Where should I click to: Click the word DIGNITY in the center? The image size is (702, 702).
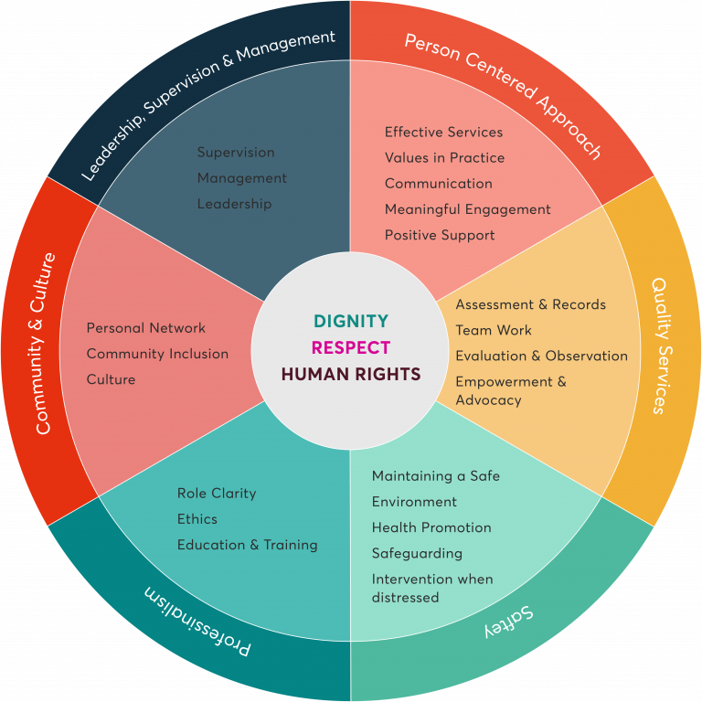coord(351,321)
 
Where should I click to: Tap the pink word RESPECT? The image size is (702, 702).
coord(351,347)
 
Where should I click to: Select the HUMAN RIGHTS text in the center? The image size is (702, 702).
coord(351,374)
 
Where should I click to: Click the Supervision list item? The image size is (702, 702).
coord(236,153)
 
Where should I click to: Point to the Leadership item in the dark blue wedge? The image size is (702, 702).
coord(235,204)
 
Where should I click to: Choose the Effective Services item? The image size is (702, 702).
coord(443,132)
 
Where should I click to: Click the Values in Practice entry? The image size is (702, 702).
coord(444,157)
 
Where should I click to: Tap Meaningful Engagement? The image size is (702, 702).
coord(468,209)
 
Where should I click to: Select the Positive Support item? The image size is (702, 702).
coord(440,236)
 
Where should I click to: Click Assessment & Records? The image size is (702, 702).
coord(530,304)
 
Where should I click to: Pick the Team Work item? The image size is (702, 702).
coord(494,330)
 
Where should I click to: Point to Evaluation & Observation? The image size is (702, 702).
coord(542,356)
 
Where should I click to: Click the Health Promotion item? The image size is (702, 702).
coord(431,527)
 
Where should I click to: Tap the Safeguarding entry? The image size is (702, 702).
coord(417,554)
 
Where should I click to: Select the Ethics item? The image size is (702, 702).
coord(197,519)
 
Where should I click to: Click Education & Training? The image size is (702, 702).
coord(248,546)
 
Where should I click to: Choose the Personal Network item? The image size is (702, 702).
coord(146,328)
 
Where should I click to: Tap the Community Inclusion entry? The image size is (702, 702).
coord(157,354)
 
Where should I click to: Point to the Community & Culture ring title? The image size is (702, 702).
coord(43,344)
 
